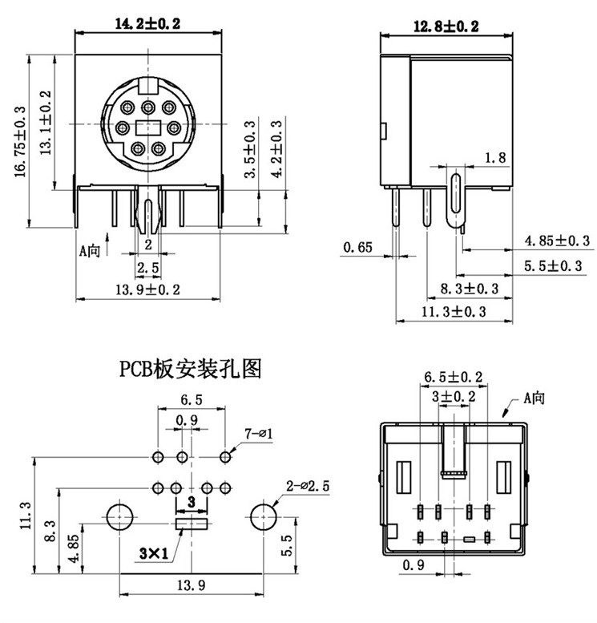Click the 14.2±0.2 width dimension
[147, 24]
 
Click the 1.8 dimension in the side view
[496, 158]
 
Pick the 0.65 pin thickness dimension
[357, 248]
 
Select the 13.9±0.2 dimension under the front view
[148, 289]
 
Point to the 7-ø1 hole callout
[259, 434]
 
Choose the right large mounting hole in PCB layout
[262, 518]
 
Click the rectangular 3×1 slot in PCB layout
[191, 524]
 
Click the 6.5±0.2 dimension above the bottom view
[453, 376]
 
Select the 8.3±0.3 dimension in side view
[470, 288]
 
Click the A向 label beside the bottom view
[534, 397]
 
